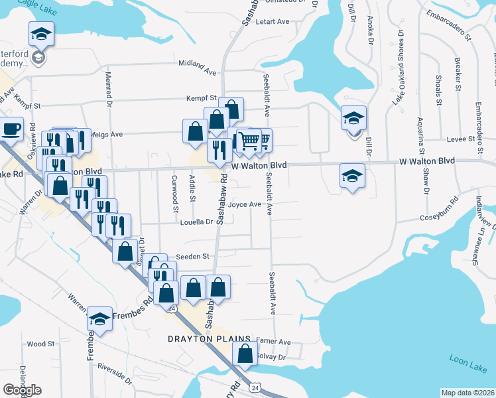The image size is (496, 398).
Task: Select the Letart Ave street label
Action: tap(273, 22)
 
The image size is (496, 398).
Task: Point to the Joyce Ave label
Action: tap(245, 205)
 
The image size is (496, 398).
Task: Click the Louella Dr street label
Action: tap(195, 222)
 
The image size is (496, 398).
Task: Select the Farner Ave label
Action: tap(274, 342)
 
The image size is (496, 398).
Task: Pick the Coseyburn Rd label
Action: tap(439, 218)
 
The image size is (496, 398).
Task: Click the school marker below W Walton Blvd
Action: tap(352, 176)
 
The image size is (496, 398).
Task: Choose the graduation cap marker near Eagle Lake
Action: tap(41, 34)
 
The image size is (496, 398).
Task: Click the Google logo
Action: tap(22, 390)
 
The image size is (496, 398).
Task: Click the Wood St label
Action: tap(41, 344)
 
